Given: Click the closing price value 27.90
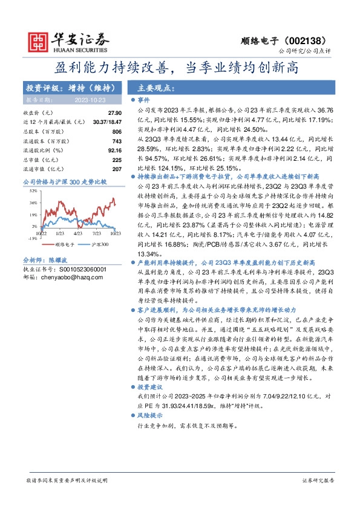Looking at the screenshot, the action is pyautogui.click(x=115, y=113).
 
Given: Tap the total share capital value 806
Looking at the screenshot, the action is pyautogui.click(x=117, y=131).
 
